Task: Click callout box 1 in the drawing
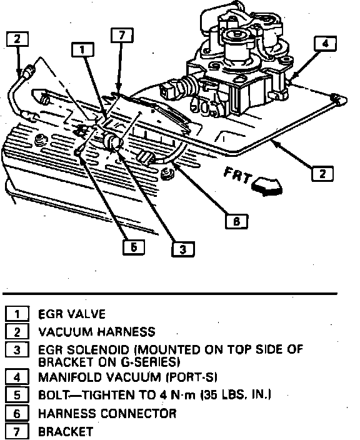(82, 49)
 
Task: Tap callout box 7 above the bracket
(122, 35)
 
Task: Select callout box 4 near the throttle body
(326, 44)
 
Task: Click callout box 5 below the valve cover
(134, 247)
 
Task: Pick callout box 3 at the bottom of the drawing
(183, 249)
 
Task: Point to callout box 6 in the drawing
(236, 221)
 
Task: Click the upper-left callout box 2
(17, 39)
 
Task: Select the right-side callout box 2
(322, 174)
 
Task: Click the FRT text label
(237, 176)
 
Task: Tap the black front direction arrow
(267, 186)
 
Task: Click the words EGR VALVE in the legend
(71, 314)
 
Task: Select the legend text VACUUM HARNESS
(96, 332)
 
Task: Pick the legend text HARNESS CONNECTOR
(107, 414)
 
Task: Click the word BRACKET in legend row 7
(66, 431)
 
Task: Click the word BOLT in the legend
(53, 395)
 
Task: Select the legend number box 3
(17, 350)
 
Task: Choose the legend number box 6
(17, 414)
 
